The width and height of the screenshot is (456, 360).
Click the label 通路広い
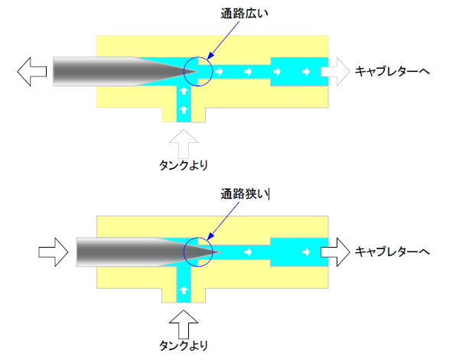pyautogui.click(x=244, y=14)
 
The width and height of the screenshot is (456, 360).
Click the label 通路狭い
pyautogui.click(x=244, y=194)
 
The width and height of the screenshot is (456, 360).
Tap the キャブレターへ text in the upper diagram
pyautogui.click(x=392, y=72)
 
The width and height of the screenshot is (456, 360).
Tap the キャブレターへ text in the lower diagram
pyautogui.click(x=392, y=251)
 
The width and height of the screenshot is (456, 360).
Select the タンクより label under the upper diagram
pyautogui.click(x=184, y=165)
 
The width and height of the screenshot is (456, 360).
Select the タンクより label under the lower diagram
pyautogui.click(x=184, y=345)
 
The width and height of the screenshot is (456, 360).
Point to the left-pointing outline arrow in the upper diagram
pyautogui.click(x=32, y=72)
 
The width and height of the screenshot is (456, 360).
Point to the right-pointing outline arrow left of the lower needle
pyautogui.click(x=54, y=252)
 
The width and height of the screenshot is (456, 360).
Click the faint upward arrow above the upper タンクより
pyautogui.click(x=184, y=144)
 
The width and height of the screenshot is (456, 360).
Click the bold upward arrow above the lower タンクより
pyautogui.click(x=184, y=325)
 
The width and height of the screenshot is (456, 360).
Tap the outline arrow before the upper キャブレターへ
pyautogui.click(x=335, y=72)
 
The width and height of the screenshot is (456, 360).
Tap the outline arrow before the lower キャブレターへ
pyautogui.click(x=335, y=252)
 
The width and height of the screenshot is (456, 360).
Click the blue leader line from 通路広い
pyautogui.click(x=223, y=40)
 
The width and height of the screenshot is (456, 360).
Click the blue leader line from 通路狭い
pyautogui.click(x=223, y=221)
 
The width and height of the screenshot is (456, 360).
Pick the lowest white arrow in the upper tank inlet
pyautogui.click(x=184, y=110)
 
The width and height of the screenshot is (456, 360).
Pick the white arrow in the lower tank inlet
pyautogui.click(x=184, y=290)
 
